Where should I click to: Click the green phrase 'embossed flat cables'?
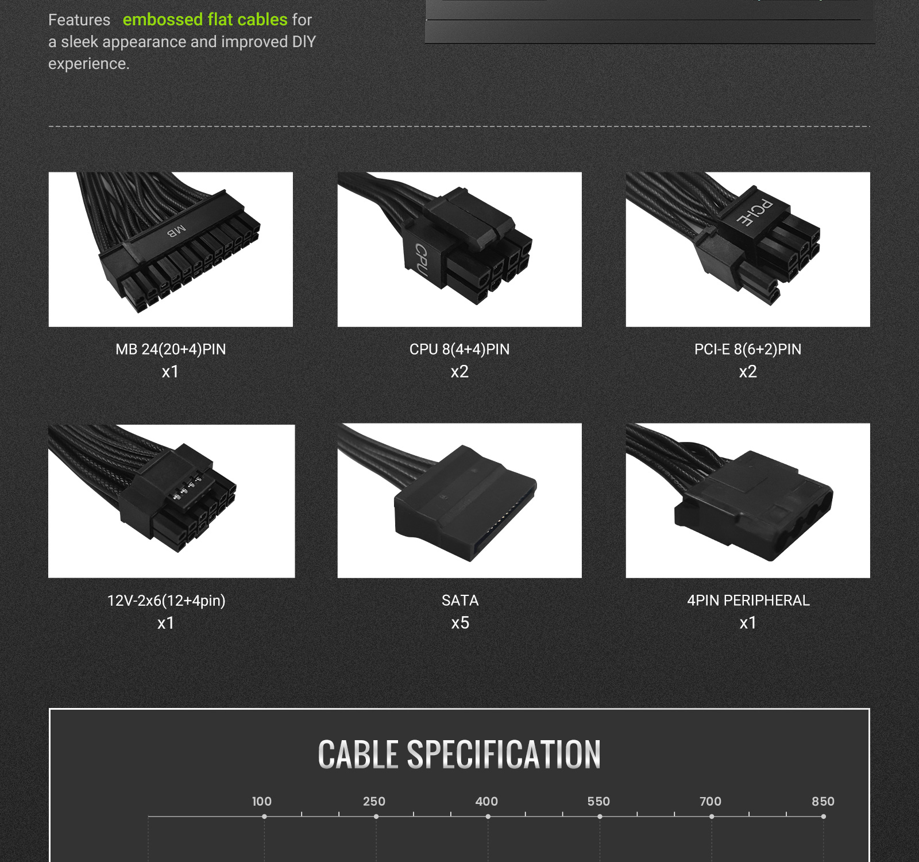205,20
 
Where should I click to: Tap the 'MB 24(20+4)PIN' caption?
171,349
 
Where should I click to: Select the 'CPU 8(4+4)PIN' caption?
459,349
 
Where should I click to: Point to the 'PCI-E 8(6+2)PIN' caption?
748,349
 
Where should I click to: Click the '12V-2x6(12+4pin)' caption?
167,601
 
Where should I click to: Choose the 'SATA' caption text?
460,601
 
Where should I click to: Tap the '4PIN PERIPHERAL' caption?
748,601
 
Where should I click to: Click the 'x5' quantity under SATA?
460,623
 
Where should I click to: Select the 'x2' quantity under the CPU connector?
459,372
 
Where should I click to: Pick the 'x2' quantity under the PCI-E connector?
748,372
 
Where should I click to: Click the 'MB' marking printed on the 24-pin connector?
177,231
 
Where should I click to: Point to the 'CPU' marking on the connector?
421,260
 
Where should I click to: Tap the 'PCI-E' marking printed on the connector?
755,213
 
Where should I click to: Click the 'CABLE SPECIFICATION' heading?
459,754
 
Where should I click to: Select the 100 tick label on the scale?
262,801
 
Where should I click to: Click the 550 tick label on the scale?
598,801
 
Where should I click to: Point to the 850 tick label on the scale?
823,801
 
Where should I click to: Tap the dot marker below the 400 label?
488,817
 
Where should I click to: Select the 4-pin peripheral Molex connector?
753,505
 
